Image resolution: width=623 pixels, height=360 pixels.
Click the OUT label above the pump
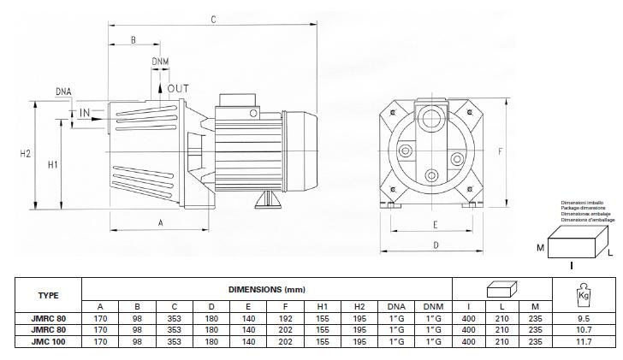(x=178, y=88)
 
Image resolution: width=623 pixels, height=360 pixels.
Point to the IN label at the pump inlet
(x=86, y=113)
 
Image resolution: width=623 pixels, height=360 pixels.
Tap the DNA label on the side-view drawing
(x=63, y=91)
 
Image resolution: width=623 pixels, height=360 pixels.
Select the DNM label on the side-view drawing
(x=160, y=62)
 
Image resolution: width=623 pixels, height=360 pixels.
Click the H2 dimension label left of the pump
(x=25, y=154)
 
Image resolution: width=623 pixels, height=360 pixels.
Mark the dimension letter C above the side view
(x=213, y=17)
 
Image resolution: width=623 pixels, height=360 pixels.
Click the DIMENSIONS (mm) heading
(x=265, y=290)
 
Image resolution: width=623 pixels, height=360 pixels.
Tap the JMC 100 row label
(x=49, y=341)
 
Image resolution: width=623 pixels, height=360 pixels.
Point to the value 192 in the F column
(x=284, y=318)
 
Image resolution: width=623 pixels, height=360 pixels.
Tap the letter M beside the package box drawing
(x=540, y=248)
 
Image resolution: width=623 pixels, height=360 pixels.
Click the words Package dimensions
(x=582, y=208)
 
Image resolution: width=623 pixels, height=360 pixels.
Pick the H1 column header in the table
(x=322, y=306)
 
